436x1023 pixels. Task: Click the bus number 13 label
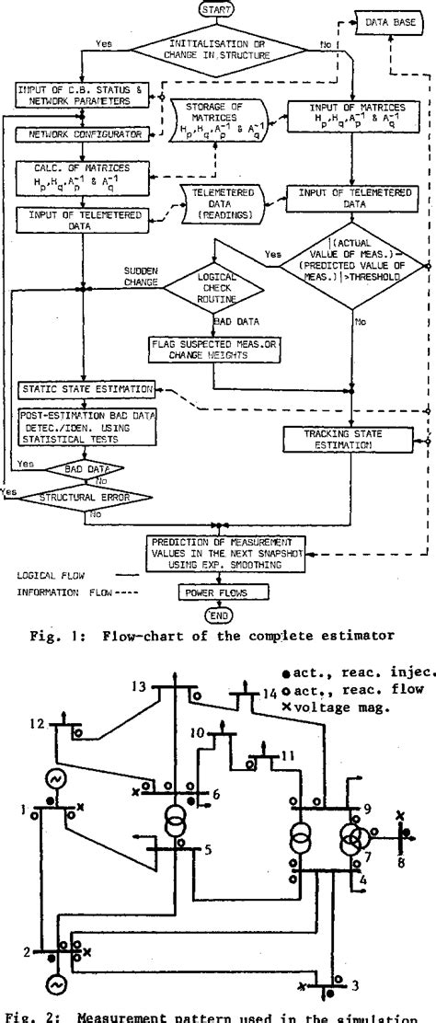pos(140,684)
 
